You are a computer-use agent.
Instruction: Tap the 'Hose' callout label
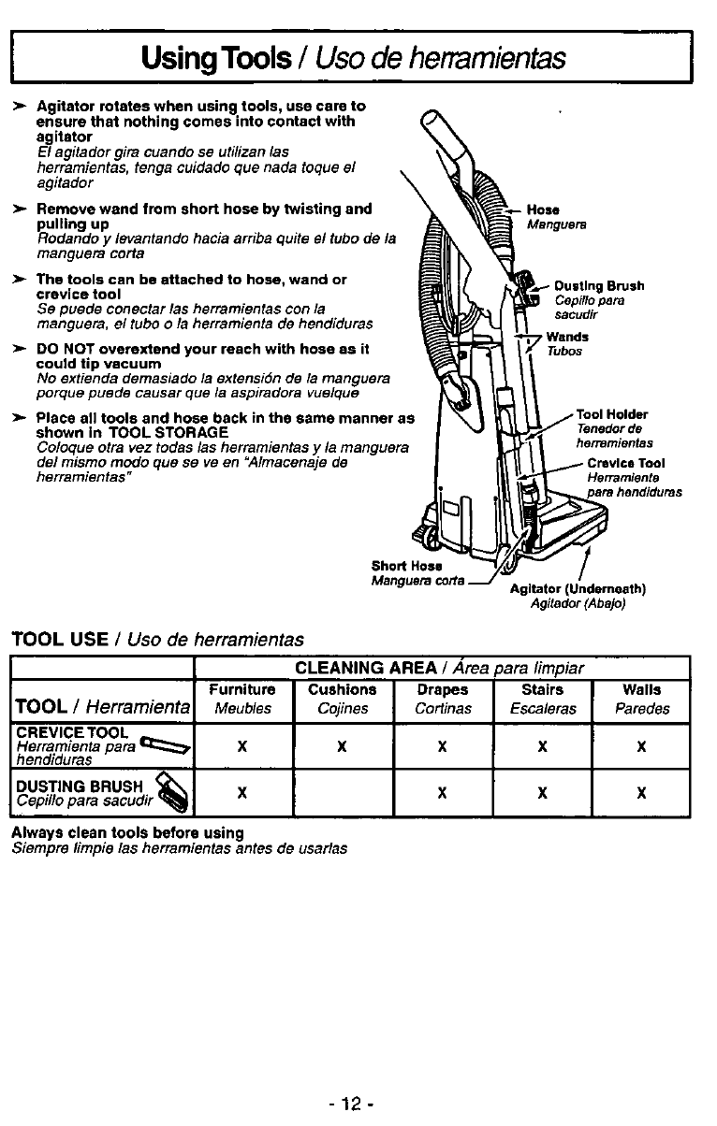coord(543,210)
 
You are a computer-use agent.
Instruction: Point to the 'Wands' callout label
coord(567,337)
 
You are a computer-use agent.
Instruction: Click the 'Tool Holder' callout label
coord(612,414)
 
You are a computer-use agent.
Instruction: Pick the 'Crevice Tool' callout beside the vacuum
coord(626,463)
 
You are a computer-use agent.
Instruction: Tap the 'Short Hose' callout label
coord(401,566)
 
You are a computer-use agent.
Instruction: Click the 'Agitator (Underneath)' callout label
coord(578,589)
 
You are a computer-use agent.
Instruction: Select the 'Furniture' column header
coord(241,690)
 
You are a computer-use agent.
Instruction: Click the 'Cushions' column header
coord(342,690)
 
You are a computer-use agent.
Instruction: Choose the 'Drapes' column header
coord(442,690)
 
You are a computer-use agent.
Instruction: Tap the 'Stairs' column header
coord(542,690)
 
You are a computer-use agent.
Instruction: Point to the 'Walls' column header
coord(641,690)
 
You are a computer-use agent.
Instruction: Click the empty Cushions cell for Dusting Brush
coord(342,793)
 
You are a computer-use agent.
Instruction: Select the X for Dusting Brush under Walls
coord(641,793)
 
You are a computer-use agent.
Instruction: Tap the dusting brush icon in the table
coord(172,792)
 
